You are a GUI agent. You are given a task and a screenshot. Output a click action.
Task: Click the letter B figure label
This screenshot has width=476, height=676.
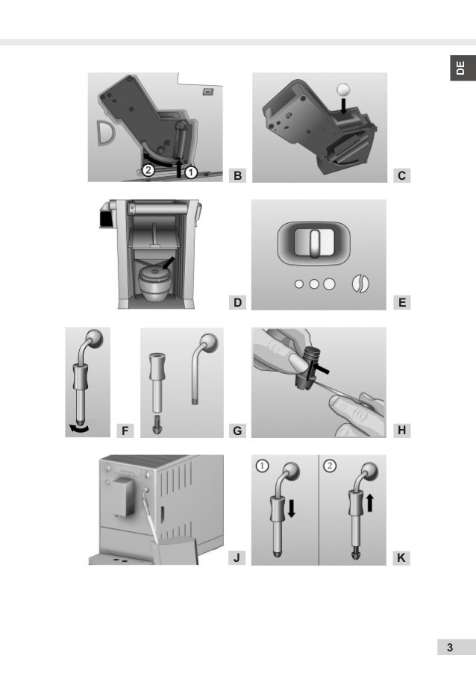point(237,176)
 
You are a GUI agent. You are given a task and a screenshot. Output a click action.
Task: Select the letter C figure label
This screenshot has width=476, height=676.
point(401,176)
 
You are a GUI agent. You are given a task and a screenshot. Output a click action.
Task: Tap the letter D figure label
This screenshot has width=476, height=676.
point(237,303)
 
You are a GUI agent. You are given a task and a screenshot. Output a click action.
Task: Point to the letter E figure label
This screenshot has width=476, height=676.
point(401,303)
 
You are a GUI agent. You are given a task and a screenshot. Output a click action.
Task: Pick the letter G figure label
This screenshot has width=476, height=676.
point(237,431)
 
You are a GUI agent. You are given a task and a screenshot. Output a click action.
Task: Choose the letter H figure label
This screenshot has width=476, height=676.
point(401,431)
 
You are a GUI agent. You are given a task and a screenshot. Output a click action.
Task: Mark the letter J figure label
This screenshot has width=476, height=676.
point(237,558)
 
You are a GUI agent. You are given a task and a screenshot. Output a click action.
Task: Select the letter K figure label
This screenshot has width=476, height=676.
point(401,558)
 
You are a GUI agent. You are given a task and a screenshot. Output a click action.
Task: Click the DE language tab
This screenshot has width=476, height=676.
point(460,69)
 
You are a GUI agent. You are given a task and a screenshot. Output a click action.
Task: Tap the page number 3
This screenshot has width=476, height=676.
point(449,648)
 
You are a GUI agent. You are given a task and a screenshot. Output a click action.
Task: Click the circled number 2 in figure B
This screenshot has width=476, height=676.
point(149,170)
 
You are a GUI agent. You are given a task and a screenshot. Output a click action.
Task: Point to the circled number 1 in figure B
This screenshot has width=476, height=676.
point(191,172)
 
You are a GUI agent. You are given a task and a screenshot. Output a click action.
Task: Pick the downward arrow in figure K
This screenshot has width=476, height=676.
point(292,508)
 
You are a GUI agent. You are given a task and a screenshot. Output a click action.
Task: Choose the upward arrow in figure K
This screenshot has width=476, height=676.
point(371,502)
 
